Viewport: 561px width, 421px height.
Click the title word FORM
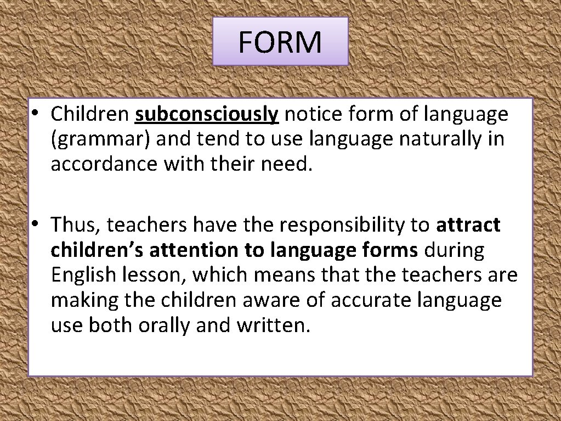[280, 42]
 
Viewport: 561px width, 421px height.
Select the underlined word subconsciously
[207, 114]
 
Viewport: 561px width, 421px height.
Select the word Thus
[75, 224]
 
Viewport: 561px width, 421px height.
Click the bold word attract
[468, 224]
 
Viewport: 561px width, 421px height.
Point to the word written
[273, 325]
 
